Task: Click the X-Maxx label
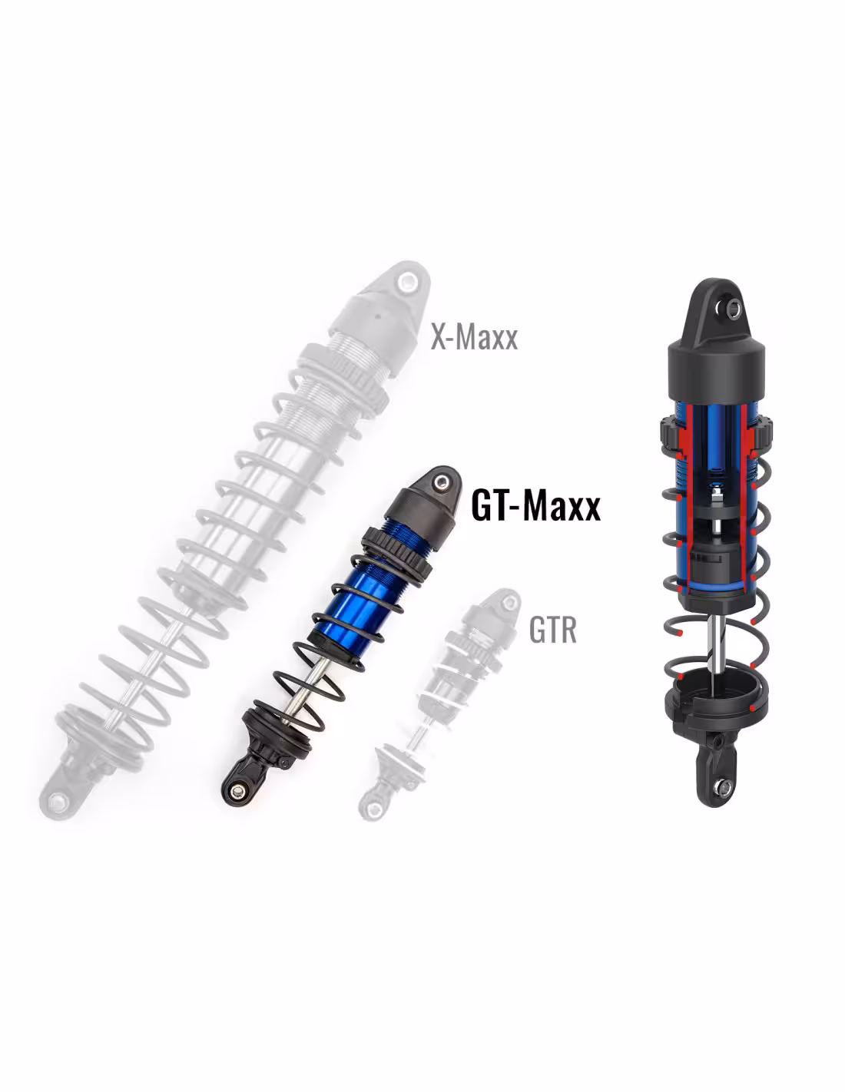click(473, 336)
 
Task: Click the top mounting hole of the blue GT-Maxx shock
click(443, 481)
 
